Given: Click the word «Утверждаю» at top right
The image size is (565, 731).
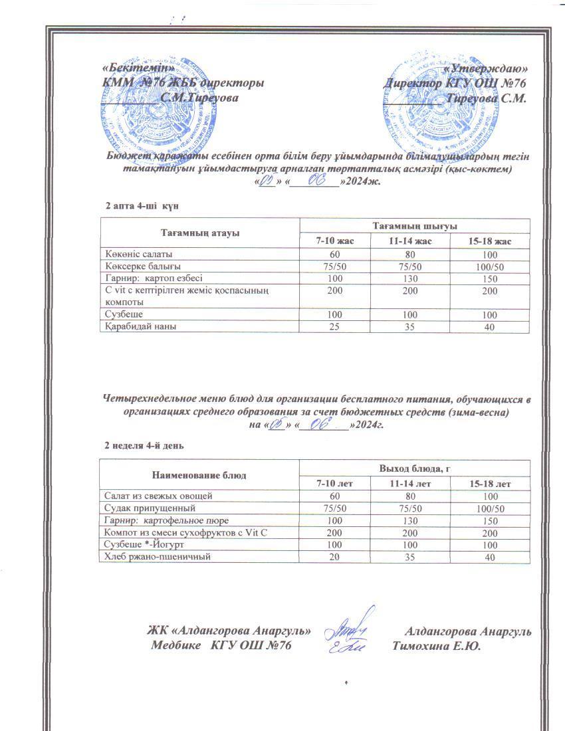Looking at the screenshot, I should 486,68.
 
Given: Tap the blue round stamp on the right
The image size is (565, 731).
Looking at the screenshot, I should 431,93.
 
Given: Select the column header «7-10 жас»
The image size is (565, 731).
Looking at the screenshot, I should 335,241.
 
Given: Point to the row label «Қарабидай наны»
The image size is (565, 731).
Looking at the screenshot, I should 140,326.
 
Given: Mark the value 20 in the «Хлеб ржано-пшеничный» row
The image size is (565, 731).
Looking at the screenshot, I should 335,557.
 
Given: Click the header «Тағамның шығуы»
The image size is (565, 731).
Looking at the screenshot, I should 415,226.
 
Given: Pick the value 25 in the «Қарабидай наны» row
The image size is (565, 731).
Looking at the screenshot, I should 335,326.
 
